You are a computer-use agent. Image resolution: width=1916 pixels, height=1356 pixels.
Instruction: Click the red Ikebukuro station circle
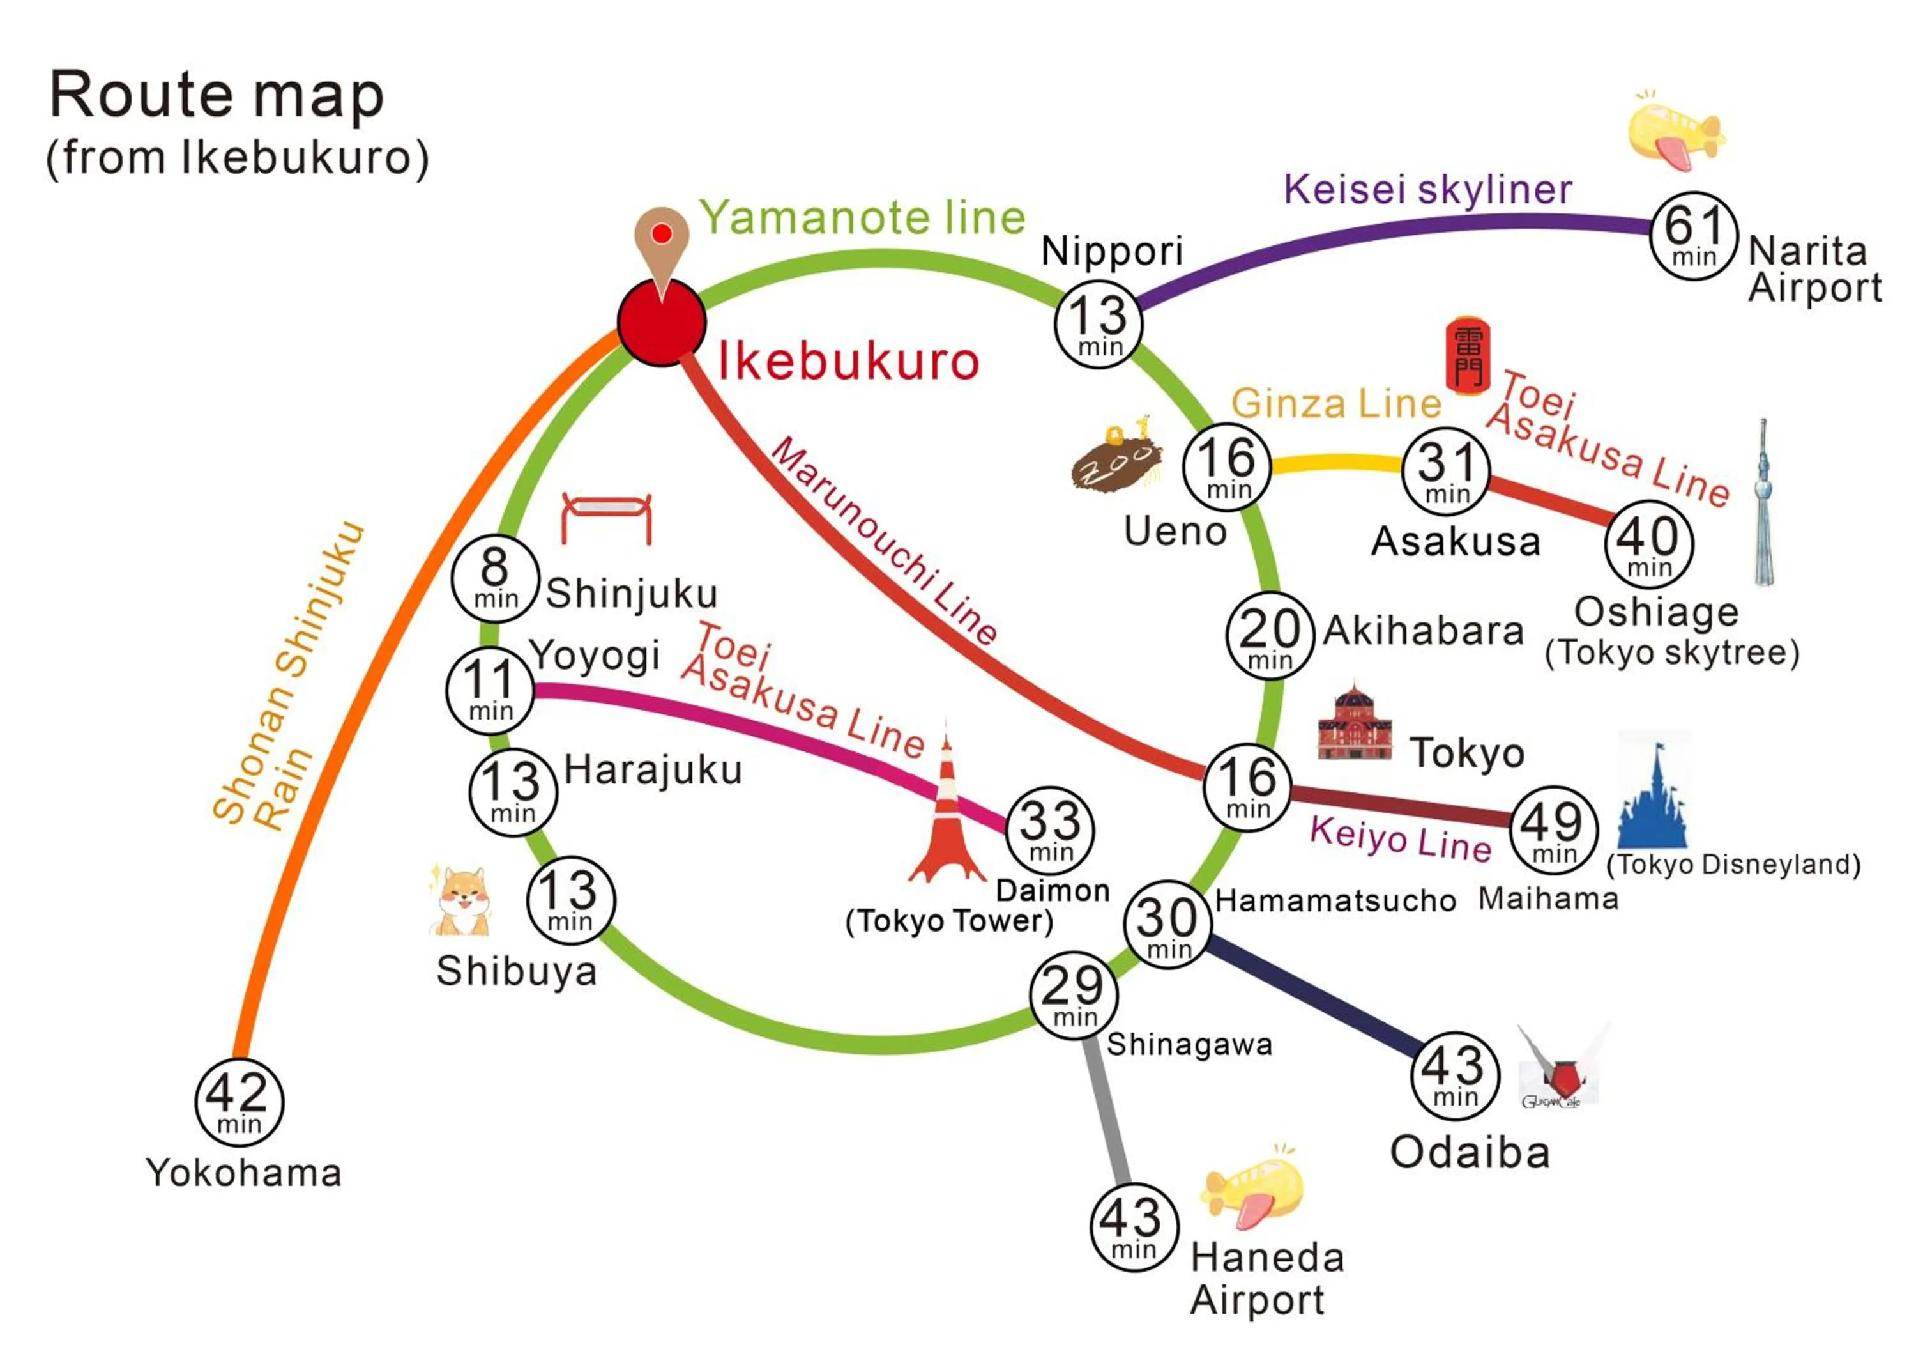coord(662,322)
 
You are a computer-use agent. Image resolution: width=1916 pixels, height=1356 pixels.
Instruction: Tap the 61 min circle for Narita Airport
coord(1694,236)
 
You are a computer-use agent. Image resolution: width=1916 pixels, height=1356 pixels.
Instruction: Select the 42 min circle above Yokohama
coord(240,1102)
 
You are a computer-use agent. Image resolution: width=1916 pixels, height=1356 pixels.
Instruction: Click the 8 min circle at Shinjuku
coord(495,578)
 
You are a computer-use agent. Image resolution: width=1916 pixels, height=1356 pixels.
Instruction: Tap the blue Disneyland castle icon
coord(1653,797)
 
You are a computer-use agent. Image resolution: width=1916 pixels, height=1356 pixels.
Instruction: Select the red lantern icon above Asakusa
coord(1467,354)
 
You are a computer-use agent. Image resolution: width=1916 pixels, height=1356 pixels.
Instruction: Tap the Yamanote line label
coord(862,218)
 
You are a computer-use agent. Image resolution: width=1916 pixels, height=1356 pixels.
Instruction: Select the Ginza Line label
coord(1336,403)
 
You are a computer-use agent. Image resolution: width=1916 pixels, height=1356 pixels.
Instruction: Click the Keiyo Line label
coord(1401,838)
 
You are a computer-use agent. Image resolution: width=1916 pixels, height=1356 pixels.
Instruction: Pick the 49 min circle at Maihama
coord(1553,830)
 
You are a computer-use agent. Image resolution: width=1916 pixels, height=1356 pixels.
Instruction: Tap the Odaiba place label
coord(1470,1152)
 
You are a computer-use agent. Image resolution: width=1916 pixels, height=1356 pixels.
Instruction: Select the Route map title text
coord(217,95)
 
